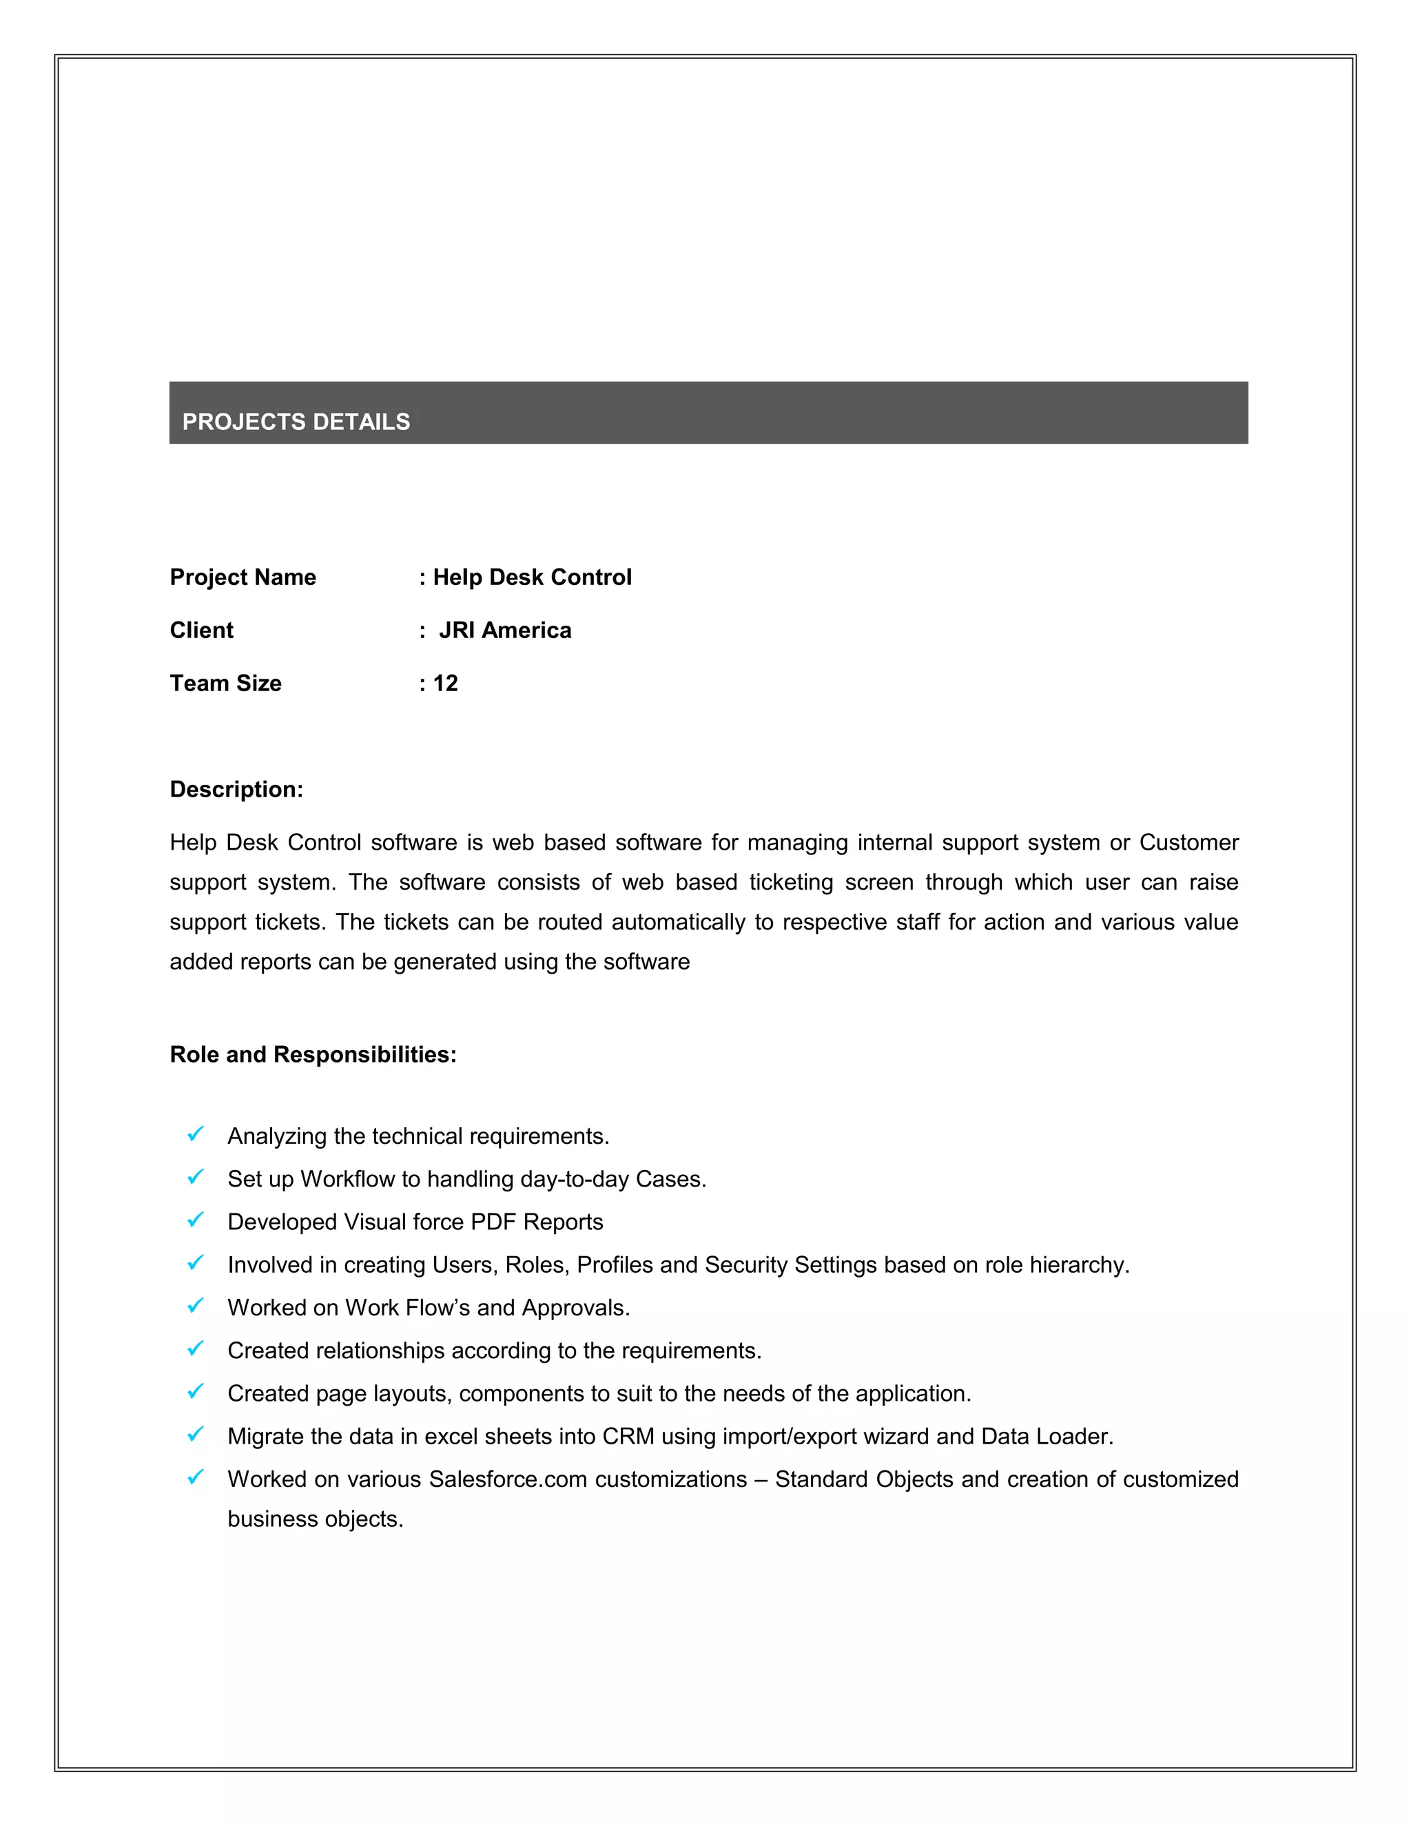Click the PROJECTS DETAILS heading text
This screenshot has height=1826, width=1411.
coord(296,422)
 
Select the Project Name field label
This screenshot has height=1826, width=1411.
coord(243,577)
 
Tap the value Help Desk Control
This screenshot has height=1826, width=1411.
coord(532,577)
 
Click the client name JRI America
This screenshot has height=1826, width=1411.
coord(505,630)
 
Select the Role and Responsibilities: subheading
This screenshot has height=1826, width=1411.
coord(313,1054)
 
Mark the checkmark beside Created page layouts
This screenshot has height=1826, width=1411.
coord(196,1391)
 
